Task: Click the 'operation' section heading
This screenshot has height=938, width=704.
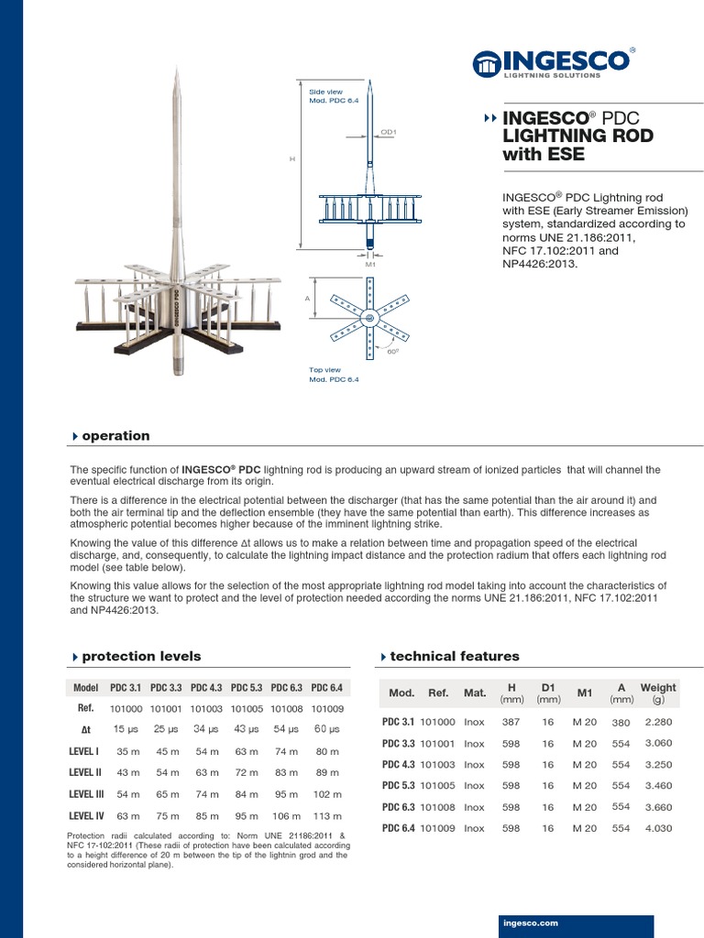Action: [x=115, y=436]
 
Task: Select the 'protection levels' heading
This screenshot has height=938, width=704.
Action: [x=141, y=656]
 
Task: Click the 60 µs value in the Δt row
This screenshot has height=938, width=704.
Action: [x=326, y=728]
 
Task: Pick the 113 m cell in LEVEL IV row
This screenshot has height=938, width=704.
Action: [x=326, y=816]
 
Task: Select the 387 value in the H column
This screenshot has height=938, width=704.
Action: [x=511, y=721]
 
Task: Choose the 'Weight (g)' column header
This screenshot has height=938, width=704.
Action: [x=657, y=693]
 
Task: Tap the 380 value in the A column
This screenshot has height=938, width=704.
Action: [x=621, y=722]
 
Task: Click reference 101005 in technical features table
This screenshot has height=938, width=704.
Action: [x=438, y=786]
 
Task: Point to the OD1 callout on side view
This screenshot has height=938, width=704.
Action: [x=388, y=132]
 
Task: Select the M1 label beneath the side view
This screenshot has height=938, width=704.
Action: [x=370, y=263]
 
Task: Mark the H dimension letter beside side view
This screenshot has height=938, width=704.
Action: [x=292, y=158]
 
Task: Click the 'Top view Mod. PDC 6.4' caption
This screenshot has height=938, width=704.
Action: [x=330, y=375]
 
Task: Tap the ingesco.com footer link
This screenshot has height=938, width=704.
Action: [x=531, y=923]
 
